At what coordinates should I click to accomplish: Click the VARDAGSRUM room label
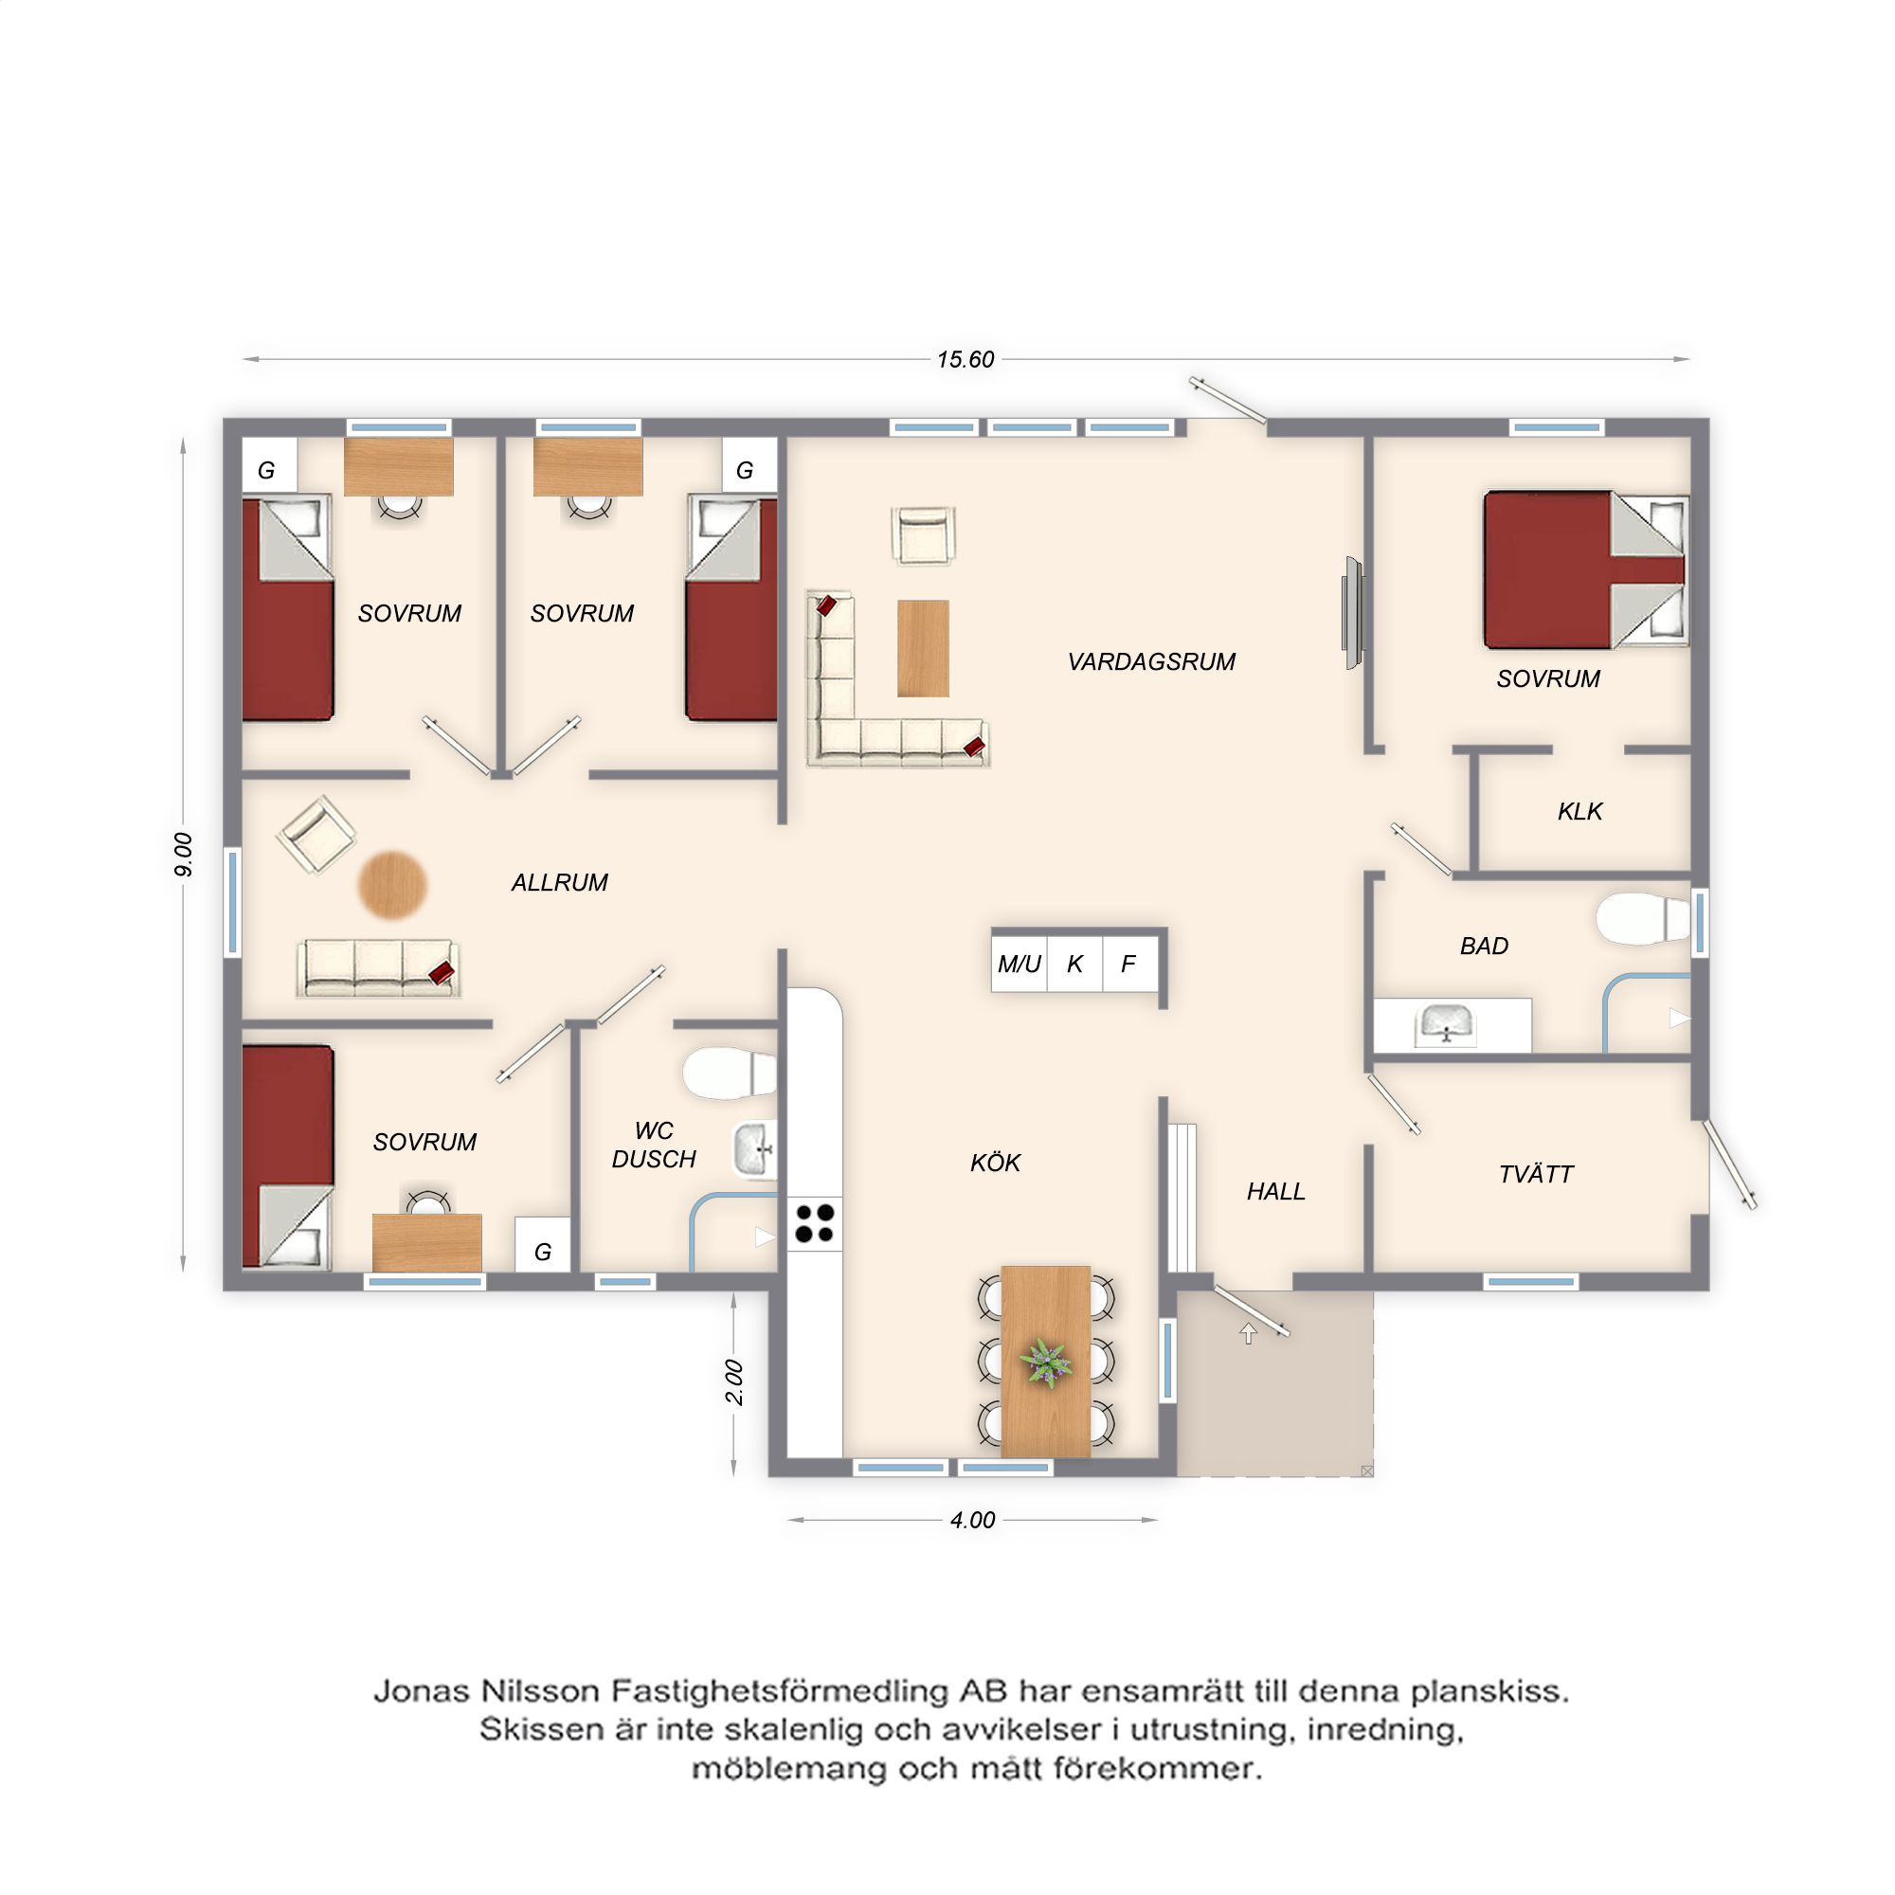[x=1150, y=662]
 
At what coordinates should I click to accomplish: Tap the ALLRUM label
[x=559, y=883]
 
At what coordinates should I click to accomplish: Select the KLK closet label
[x=1579, y=811]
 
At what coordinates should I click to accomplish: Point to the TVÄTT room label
[x=1536, y=1174]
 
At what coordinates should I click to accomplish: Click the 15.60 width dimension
[x=966, y=360]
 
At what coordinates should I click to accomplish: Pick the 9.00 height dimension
[x=184, y=855]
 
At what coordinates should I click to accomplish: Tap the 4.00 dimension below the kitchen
[x=972, y=1521]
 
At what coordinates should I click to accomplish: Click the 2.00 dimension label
[x=734, y=1382]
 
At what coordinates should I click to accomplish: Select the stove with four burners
[x=814, y=1224]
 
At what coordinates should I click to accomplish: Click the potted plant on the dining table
[x=1046, y=1363]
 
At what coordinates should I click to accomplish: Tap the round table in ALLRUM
[x=392, y=885]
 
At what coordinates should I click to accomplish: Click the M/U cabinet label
[x=1020, y=965]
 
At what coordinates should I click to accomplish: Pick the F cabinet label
[x=1128, y=965]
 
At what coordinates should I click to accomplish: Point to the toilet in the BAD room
[x=1643, y=918]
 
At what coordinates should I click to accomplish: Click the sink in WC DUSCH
[x=756, y=1149]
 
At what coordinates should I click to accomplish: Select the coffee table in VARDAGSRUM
[x=923, y=648]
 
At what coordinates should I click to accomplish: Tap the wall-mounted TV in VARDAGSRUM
[x=1354, y=613]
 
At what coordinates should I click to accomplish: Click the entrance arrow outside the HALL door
[x=1248, y=1333]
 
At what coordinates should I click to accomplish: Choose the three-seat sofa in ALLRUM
[x=378, y=968]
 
